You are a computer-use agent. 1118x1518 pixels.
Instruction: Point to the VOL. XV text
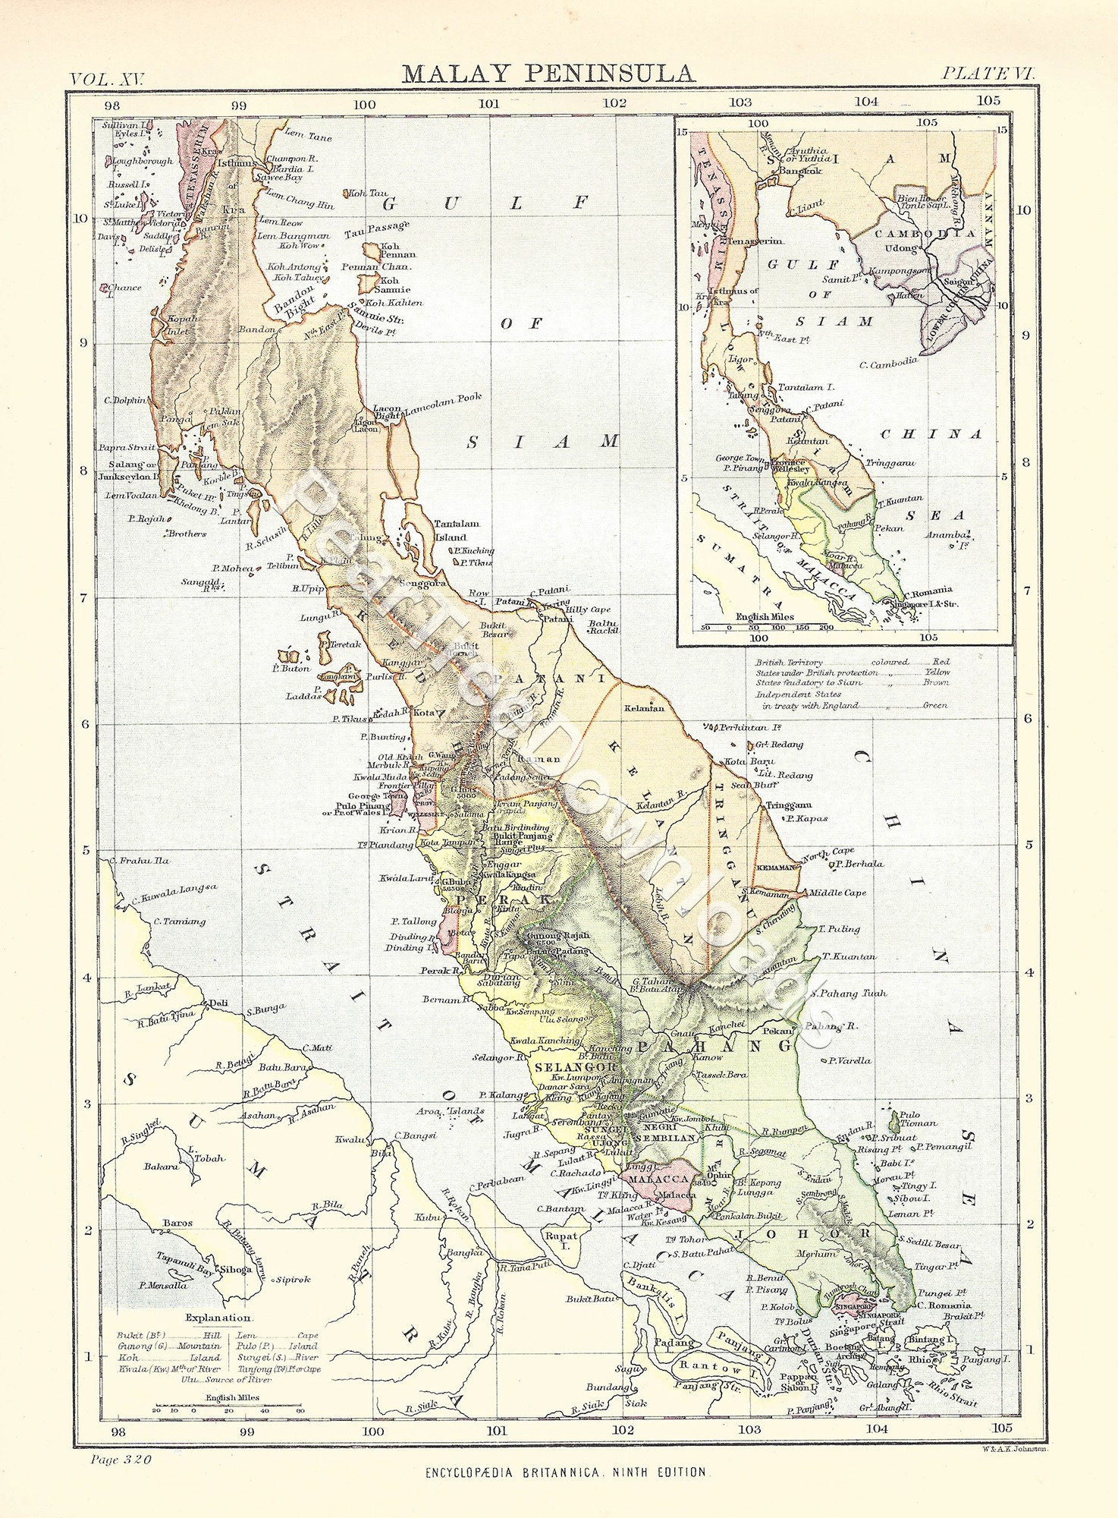(111, 78)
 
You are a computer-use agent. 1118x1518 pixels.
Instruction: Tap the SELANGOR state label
(565, 1066)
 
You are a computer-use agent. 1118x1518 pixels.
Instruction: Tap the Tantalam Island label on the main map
(456, 530)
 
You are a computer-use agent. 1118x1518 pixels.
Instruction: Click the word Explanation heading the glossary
(218, 1318)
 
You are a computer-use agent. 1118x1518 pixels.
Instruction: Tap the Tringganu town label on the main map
(788, 805)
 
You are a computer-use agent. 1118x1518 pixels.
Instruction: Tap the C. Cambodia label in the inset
(887, 364)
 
